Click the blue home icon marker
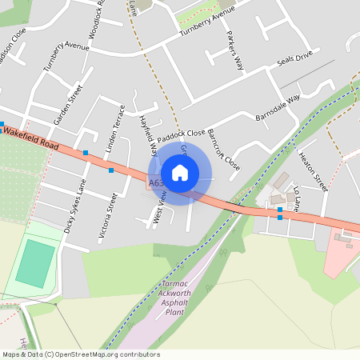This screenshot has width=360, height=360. click(180, 173)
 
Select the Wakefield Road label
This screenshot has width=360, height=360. click(32, 142)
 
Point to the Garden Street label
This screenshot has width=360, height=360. click(68, 104)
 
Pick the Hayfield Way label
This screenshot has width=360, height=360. click(147, 133)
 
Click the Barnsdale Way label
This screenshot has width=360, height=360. click(277, 106)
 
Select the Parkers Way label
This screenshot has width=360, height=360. click(234, 52)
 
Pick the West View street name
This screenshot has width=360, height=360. click(159, 212)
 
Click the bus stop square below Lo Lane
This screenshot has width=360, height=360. click(280, 217)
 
